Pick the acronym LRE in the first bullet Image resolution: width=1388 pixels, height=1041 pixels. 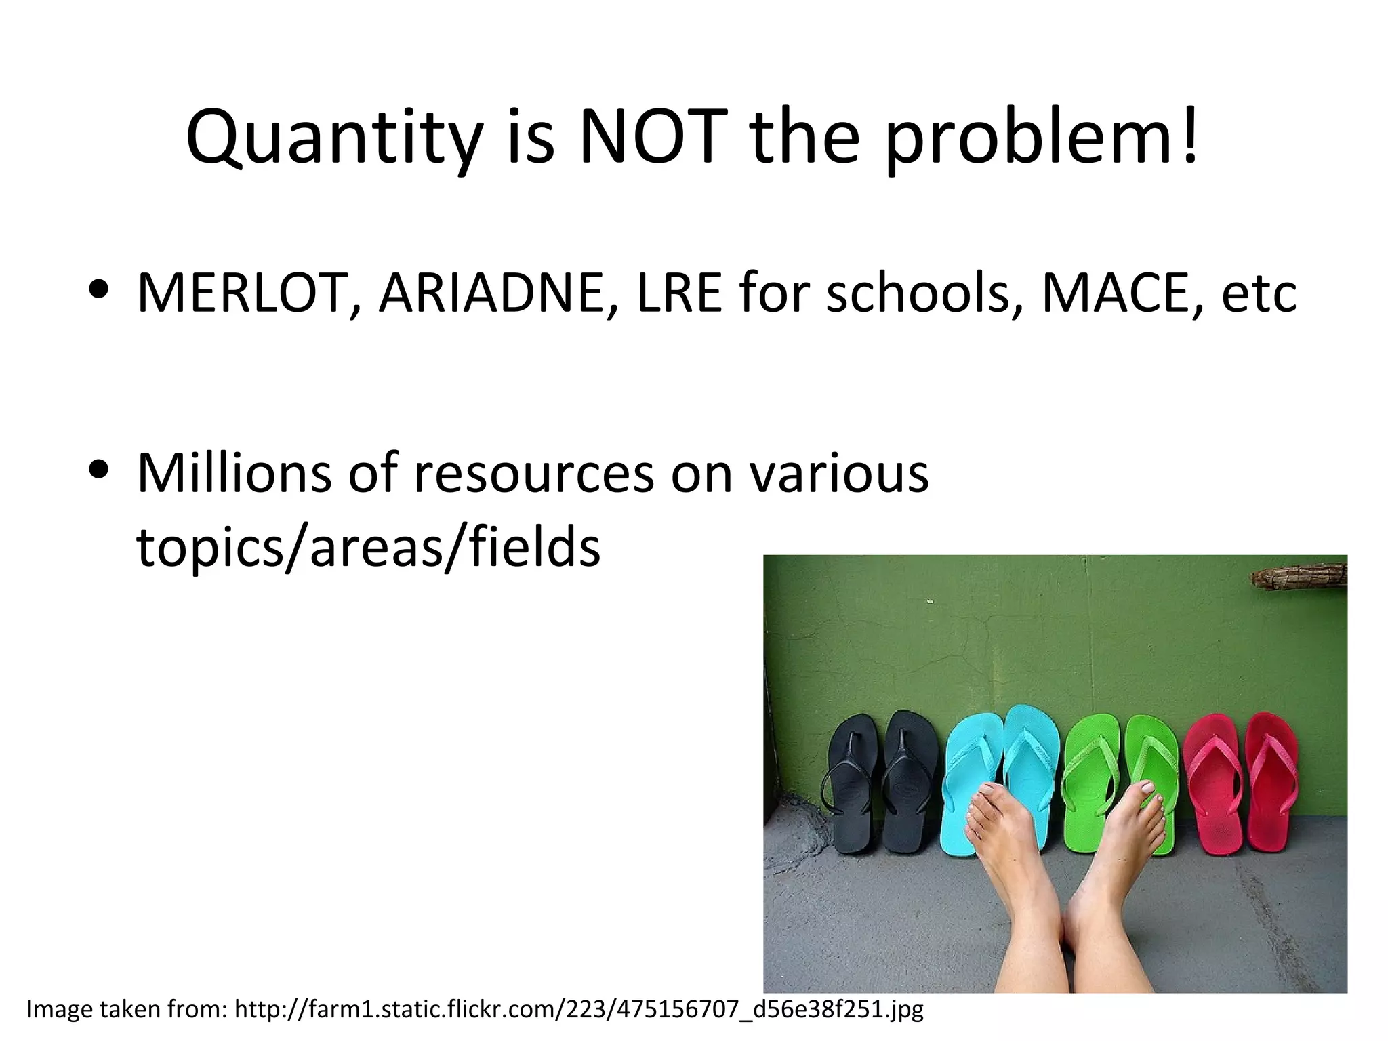pos(679,293)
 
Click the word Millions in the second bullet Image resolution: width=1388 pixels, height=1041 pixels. pos(234,472)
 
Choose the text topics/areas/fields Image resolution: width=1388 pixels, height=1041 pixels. pos(368,546)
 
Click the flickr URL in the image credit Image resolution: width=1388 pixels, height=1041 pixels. pos(579,1009)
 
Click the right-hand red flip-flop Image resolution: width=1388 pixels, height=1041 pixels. pos(1271,779)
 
